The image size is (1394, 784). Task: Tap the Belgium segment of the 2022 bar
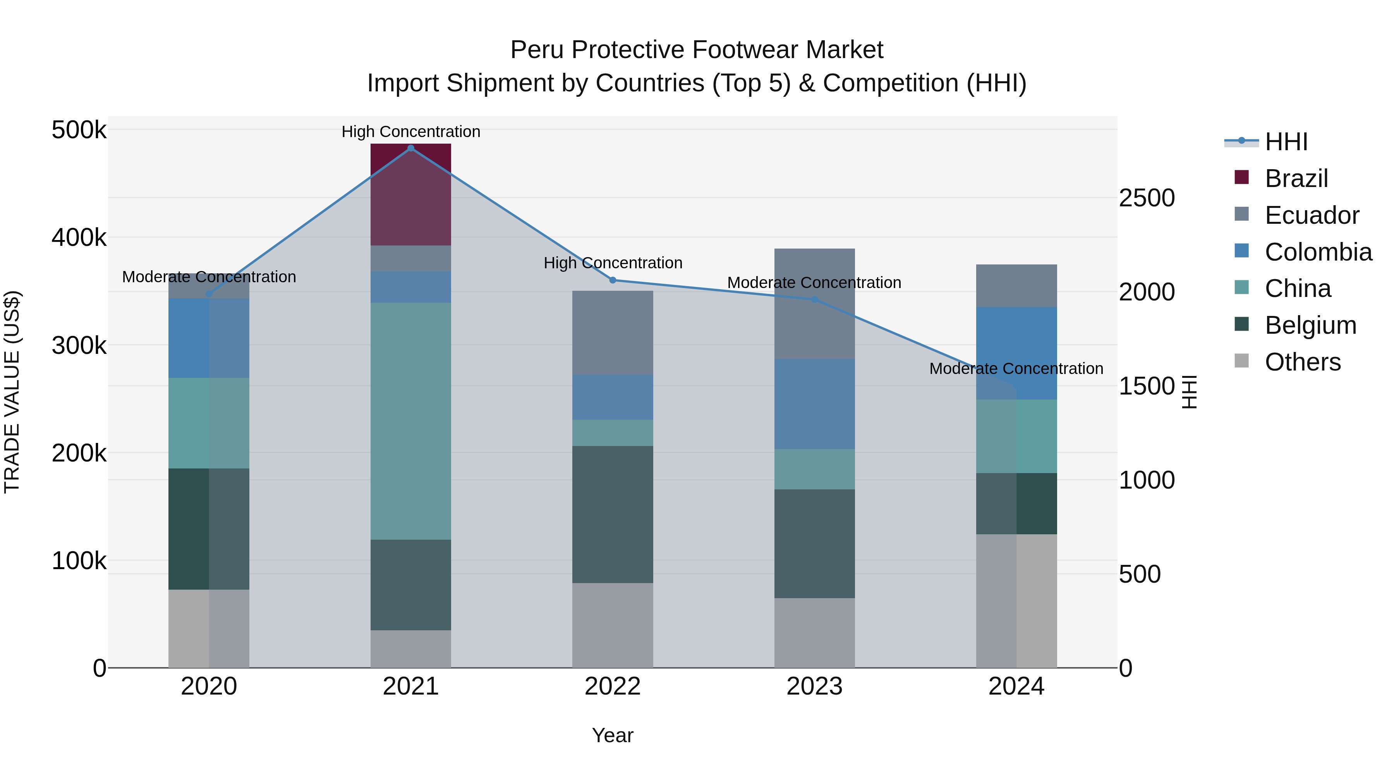pyautogui.click(x=613, y=514)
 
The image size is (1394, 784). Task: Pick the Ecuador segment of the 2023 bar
pyautogui.click(x=814, y=304)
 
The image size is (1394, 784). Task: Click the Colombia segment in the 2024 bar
pyautogui.click(x=1016, y=353)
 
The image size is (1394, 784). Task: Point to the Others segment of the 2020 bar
pyautogui.click(x=209, y=628)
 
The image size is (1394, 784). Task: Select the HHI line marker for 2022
pyautogui.click(x=613, y=280)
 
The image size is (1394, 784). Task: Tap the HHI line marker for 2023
pyautogui.click(x=814, y=299)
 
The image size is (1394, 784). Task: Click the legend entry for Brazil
pyautogui.click(x=1296, y=178)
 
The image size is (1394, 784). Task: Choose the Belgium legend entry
pyautogui.click(x=1310, y=325)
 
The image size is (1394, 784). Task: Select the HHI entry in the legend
pyautogui.click(x=1286, y=142)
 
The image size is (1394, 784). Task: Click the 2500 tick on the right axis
pyautogui.click(x=1146, y=198)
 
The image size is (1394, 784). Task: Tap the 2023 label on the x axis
pyautogui.click(x=814, y=686)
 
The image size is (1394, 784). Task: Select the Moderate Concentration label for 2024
pyautogui.click(x=1016, y=369)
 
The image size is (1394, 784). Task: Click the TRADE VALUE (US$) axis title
pyautogui.click(x=12, y=392)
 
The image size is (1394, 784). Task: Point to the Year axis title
pyautogui.click(x=612, y=735)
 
